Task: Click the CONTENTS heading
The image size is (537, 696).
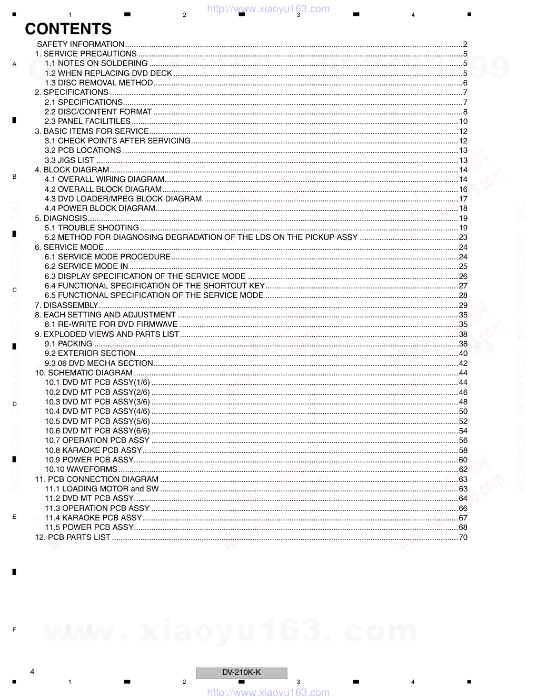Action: tap(68, 29)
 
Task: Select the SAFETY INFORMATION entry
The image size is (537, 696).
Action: tap(81, 44)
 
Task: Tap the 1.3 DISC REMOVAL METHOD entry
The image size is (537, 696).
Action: tap(99, 83)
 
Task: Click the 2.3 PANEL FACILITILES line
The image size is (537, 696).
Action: tap(87, 121)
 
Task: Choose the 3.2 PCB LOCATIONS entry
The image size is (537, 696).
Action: tap(83, 150)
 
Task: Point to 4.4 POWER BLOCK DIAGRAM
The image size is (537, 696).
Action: tap(100, 208)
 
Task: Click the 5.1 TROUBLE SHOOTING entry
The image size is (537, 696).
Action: tap(92, 228)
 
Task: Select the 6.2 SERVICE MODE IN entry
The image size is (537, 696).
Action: tap(86, 266)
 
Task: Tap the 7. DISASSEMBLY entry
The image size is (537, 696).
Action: tap(67, 305)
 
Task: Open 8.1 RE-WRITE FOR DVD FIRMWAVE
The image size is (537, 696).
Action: tap(111, 324)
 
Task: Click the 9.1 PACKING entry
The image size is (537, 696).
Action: tap(68, 344)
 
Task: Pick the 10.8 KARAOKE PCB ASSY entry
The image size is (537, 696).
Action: tap(93, 450)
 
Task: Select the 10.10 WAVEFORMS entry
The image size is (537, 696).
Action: tap(81, 469)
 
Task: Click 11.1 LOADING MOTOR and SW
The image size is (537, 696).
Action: tap(102, 489)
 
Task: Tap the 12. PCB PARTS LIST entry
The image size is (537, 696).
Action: tap(73, 537)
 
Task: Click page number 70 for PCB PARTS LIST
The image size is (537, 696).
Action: tap(463, 537)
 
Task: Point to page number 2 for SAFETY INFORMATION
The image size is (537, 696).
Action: tap(465, 44)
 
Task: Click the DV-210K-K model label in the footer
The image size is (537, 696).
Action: tap(242, 672)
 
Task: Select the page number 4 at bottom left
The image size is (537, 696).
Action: tap(32, 671)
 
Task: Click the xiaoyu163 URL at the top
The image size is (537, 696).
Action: tap(268, 8)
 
